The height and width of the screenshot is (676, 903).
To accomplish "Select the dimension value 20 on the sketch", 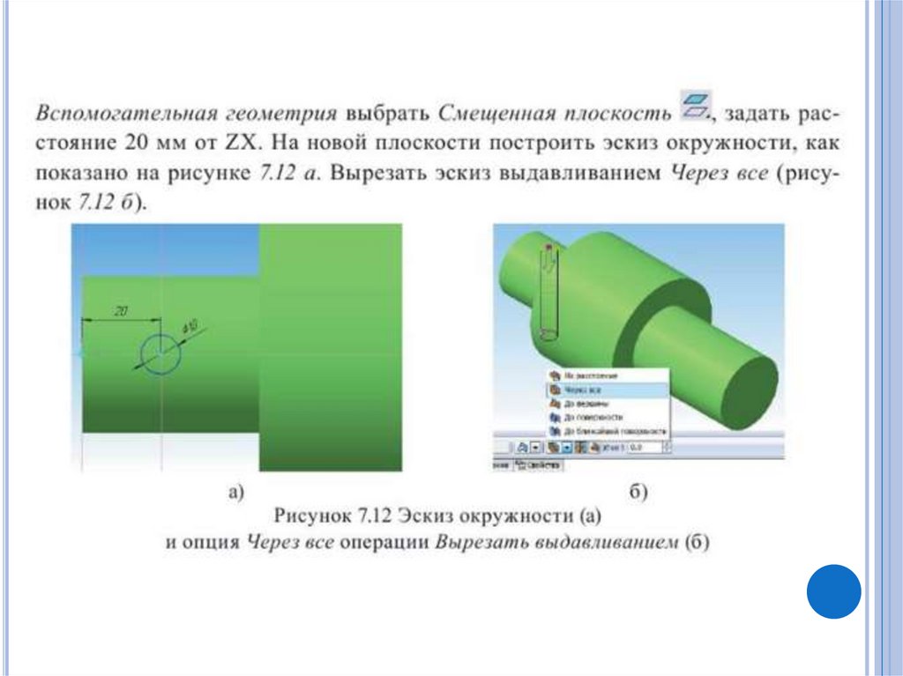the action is (x=121, y=310).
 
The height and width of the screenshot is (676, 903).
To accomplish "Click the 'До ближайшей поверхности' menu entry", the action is (x=608, y=431).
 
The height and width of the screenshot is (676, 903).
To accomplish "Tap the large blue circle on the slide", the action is (x=833, y=591).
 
